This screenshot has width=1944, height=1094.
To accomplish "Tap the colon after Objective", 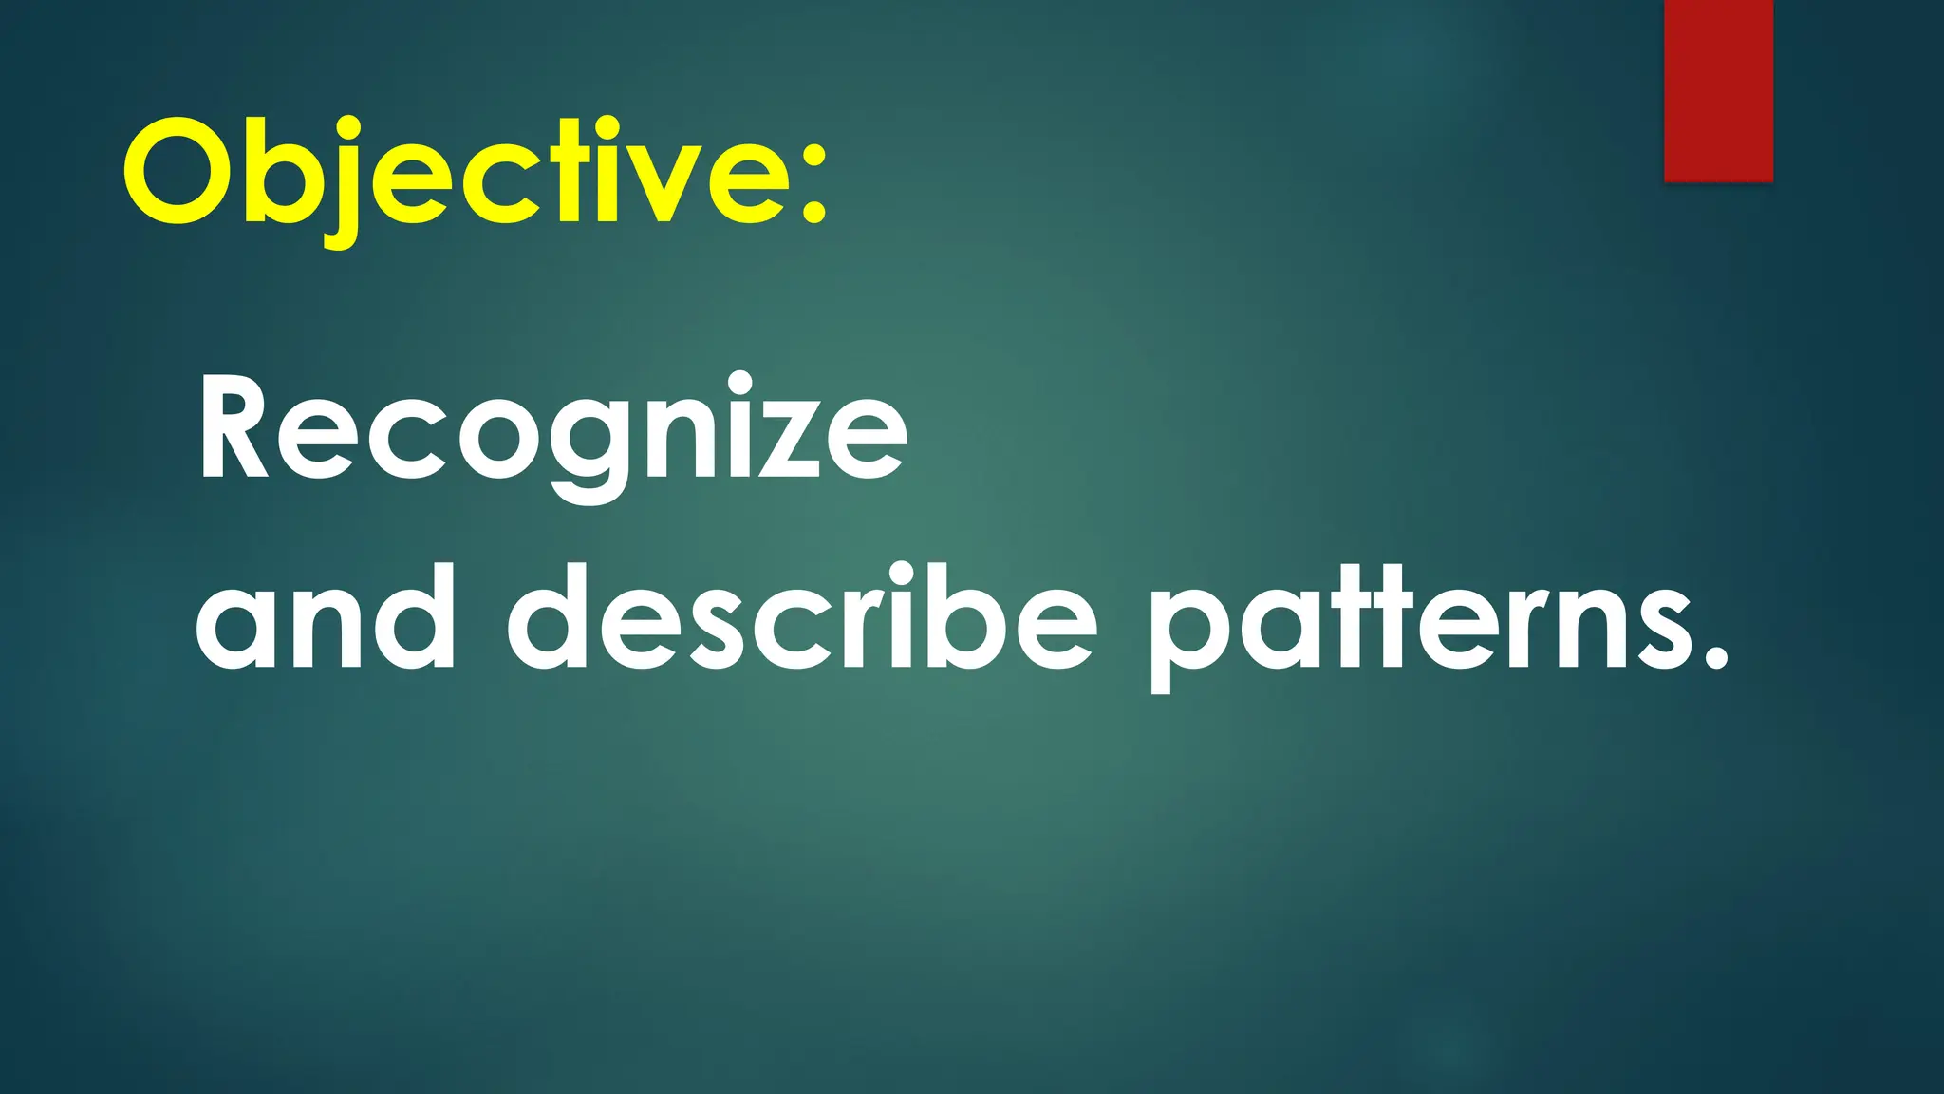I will click(813, 180).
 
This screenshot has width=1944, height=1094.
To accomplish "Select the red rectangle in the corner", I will click(1718, 90).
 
